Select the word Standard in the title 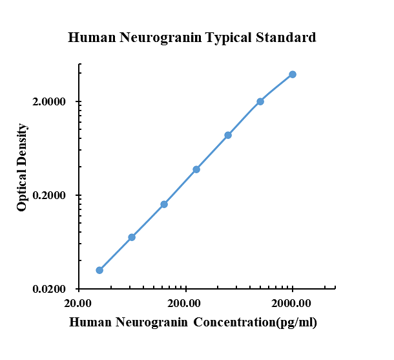click(x=285, y=37)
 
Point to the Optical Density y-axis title click(x=23, y=167)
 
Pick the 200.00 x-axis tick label click(x=185, y=303)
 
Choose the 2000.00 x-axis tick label click(x=292, y=303)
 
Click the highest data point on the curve click(x=293, y=74)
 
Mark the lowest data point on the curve click(x=99, y=270)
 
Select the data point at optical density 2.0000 click(x=260, y=101)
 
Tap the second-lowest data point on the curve click(x=132, y=237)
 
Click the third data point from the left click(x=164, y=204)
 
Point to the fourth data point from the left click(x=196, y=169)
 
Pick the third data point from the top click(x=228, y=135)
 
